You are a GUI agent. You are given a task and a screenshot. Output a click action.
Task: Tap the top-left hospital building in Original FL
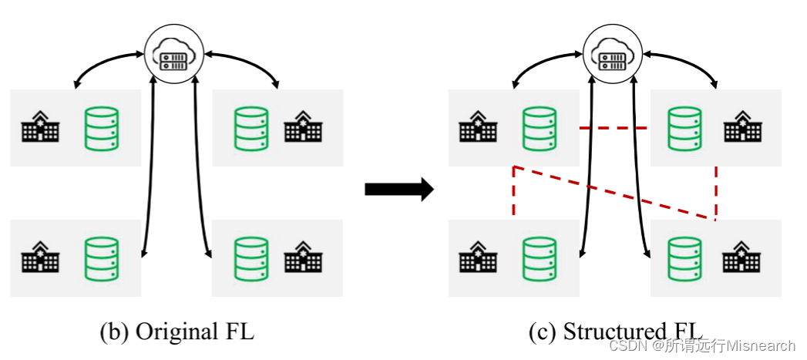(39, 127)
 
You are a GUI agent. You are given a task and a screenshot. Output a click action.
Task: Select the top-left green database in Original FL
(101, 127)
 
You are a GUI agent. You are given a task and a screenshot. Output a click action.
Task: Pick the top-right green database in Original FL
(250, 127)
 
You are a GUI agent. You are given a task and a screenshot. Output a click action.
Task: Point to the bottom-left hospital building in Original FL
(39, 257)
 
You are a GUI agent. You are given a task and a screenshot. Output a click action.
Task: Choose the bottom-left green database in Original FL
(101, 257)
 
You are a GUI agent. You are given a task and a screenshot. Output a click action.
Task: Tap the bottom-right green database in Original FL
(250, 257)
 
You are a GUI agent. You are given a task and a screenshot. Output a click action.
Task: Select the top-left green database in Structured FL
(540, 127)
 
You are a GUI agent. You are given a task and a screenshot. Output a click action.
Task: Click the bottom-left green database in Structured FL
(540, 257)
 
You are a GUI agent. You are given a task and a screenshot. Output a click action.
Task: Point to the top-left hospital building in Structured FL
(478, 127)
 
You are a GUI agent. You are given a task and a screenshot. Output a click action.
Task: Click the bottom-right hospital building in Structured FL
(741, 257)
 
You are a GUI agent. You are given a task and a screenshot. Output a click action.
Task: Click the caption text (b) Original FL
(177, 332)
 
